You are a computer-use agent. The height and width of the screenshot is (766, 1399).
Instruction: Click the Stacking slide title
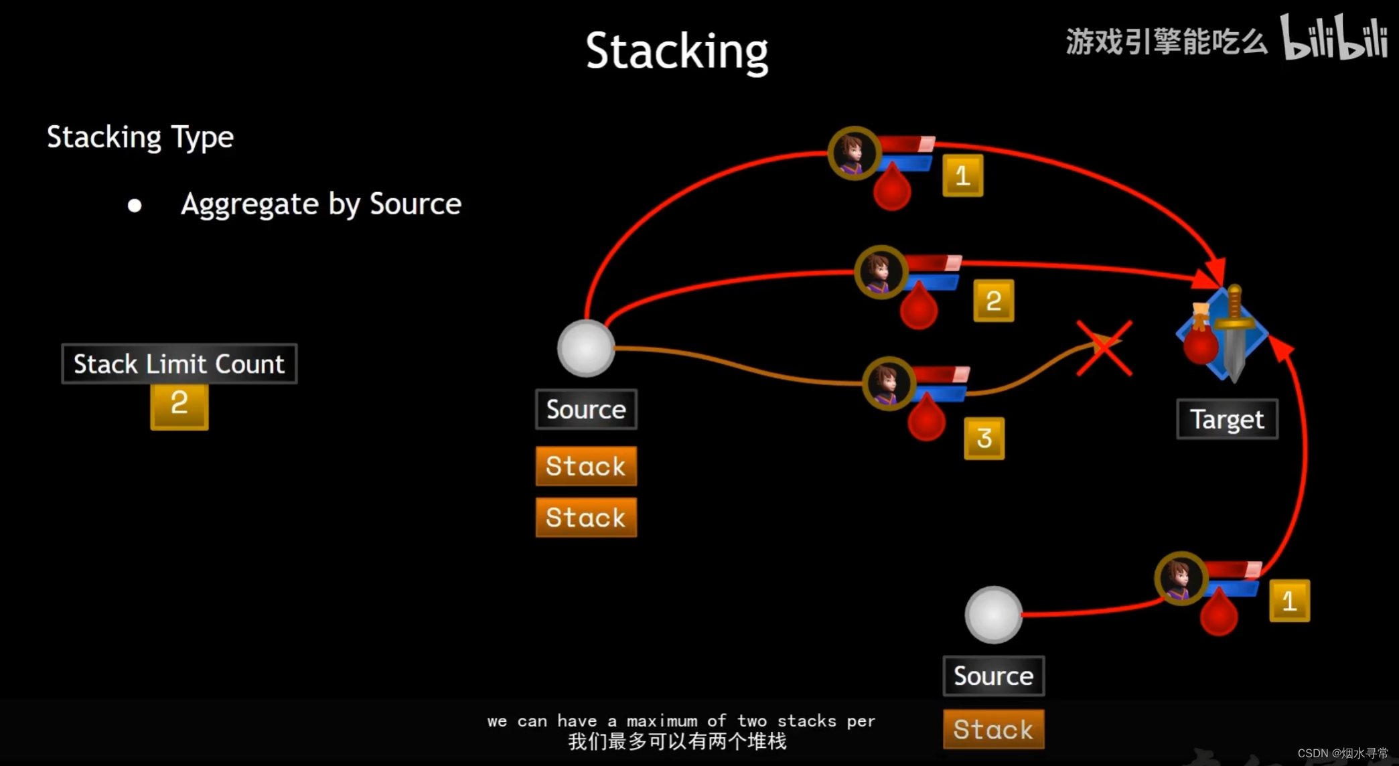676,52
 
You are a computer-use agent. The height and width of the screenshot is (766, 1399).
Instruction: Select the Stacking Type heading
140,137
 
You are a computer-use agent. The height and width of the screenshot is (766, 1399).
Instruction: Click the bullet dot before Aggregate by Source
135,206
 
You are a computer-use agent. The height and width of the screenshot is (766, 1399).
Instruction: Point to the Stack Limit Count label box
179,364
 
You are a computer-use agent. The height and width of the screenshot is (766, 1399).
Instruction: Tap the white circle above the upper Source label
585,348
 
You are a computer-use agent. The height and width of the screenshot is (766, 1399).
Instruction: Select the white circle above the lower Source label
993,615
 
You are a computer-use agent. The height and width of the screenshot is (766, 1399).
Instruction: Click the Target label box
1227,419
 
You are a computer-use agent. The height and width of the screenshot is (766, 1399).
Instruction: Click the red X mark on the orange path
1104,348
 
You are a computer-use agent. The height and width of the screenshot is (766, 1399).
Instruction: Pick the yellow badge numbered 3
984,439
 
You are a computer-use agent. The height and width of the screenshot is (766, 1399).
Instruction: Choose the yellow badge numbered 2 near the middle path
993,301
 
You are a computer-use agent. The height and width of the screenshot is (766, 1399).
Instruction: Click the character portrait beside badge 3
888,383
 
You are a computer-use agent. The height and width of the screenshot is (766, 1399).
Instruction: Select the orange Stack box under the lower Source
993,729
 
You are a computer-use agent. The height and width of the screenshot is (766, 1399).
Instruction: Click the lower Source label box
993,676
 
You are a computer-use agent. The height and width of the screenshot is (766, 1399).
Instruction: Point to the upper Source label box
586,409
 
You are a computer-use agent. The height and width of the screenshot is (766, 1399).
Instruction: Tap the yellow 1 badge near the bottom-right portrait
1289,601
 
